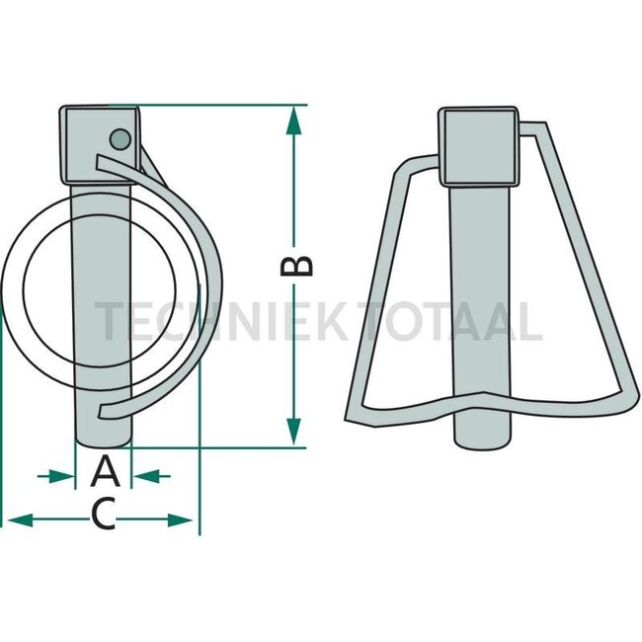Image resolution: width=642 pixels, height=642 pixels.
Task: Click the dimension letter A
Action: click(x=105, y=472)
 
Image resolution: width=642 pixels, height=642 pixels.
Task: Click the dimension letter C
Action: click(x=103, y=514)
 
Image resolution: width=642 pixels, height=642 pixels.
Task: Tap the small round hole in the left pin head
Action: click(x=120, y=138)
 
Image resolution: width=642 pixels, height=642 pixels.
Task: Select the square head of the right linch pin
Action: click(x=480, y=147)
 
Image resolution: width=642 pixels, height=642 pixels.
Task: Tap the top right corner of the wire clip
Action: click(x=542, y=126)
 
